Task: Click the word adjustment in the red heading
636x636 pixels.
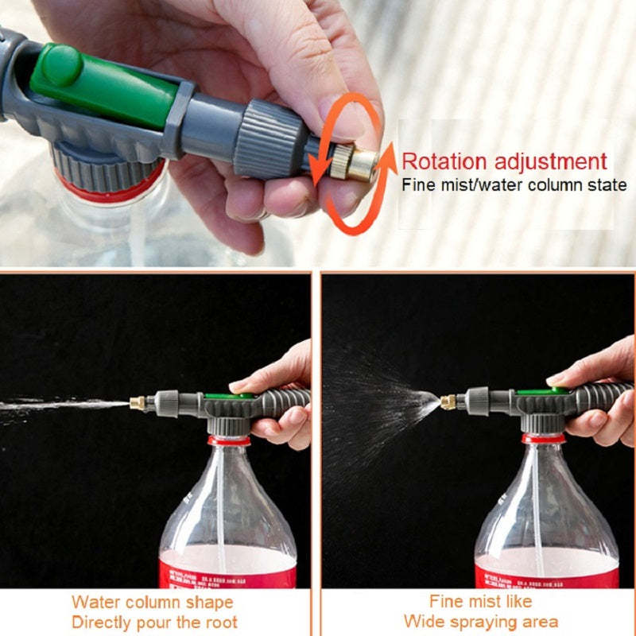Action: [556, 161]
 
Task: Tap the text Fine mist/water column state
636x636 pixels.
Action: [514, 186]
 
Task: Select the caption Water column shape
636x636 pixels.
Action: [153, 602]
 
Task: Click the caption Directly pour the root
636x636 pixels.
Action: [154, 622]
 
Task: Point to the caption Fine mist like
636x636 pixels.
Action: [480, 601]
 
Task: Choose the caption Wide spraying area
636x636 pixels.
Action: [480, 621]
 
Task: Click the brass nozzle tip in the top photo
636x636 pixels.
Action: [362, 165]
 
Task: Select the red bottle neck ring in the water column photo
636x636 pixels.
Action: [229, 440]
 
